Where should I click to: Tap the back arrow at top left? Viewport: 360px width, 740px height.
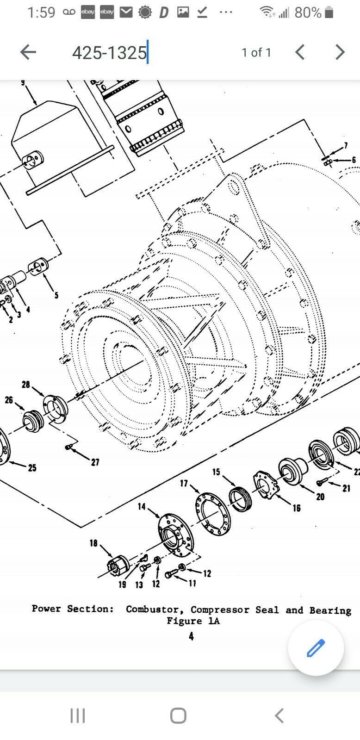point(28,52)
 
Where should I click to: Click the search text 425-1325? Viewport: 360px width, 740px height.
point(109,53)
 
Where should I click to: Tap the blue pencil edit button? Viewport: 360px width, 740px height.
point(316,648)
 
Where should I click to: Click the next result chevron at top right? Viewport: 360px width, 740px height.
point(340,52)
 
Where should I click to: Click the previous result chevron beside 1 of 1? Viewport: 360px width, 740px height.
point(299,52)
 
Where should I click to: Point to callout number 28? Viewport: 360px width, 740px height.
point(26,384)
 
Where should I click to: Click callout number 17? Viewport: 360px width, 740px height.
point(184,483)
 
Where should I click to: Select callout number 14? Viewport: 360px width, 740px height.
point(142,506)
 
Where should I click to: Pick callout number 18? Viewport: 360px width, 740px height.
point(93,543)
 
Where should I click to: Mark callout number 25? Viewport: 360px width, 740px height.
point(32,467)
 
